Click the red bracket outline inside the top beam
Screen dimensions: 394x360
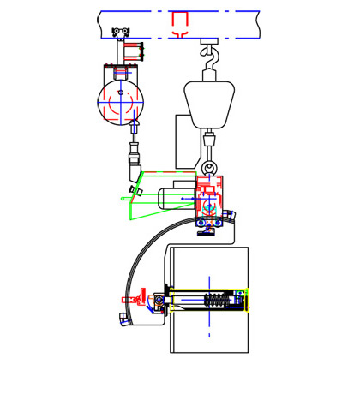click(181, 23)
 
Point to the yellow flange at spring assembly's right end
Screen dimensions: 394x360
click(246, 301)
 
